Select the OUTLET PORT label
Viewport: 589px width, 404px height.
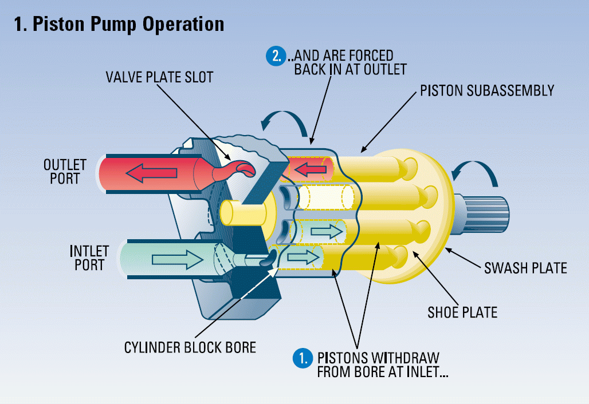(65, 171)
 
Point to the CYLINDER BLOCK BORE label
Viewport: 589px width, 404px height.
(190, 347)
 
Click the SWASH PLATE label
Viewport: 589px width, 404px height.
(525, 267)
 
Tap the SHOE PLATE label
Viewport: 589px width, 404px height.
(462, 312)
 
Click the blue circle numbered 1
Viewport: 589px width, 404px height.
(301, 358)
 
